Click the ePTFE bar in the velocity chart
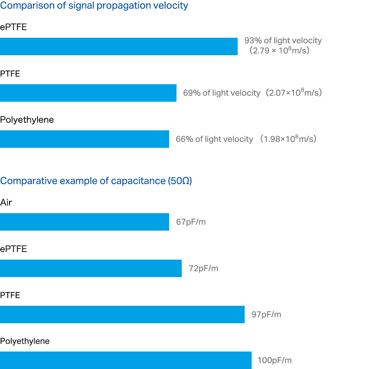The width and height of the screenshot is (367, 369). (119, 46)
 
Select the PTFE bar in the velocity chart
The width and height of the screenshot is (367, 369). (88, 93)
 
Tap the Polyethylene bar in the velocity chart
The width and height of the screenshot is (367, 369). (85, 139)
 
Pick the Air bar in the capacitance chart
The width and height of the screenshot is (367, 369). (85, 222)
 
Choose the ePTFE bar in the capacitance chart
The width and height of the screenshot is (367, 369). (91, 268)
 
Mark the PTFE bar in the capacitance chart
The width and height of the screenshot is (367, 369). (122, 314)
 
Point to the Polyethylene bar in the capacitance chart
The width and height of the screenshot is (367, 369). (126, 360)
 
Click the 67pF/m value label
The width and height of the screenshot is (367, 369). (191, 222)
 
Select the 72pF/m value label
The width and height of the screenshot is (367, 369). (203, 268)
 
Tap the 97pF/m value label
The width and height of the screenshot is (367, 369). (266, 314)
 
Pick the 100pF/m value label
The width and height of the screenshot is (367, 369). (274, 361)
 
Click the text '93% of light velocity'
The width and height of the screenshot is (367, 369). (283, 41)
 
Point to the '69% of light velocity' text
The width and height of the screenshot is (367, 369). (222, 93)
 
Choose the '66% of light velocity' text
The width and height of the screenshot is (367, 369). (214, 139)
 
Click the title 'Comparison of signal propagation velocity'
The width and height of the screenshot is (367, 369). (94, 6)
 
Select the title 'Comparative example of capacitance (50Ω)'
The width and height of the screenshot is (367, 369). (96, 181)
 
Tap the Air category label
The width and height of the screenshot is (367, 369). (6, 203)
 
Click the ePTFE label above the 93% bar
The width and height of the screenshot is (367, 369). (13, 27)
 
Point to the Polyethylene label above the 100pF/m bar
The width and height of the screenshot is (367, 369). (25, 341)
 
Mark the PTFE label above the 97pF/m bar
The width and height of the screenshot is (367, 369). (10, 295)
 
